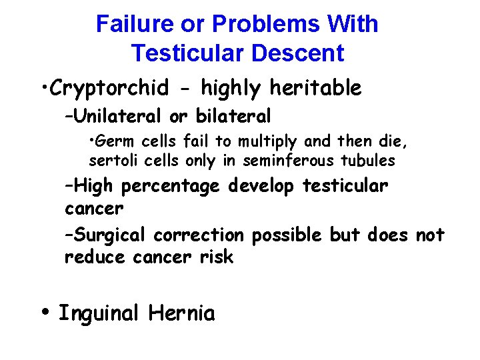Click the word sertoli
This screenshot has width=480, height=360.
pyautogui.click(x=111, y=161)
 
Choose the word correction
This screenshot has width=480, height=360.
pyautogui.click(x=199, y=235)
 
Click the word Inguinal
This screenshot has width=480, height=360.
pyautogui.click(x=99, y=313)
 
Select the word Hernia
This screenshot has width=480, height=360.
pyautogui.click(x=182, y=313)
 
